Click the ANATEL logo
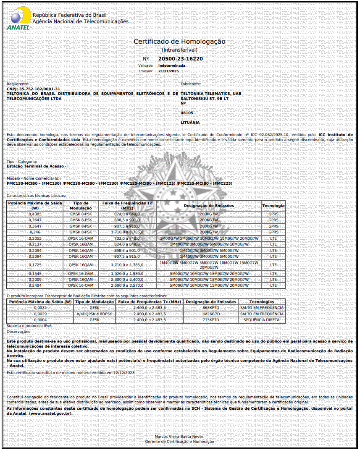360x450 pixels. point(18,20)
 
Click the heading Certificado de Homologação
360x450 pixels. point(179,42)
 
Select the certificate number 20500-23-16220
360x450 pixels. point(181,59)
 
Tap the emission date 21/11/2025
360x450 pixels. point(168,71)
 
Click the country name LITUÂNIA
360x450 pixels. point(190,123)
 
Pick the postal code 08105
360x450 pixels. point(187,113)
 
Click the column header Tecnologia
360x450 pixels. point(273,206)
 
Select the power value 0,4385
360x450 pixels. point(35,214)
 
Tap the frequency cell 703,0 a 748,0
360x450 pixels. point(127,238)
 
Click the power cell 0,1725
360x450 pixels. point(35,265)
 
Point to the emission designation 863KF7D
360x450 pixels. point(210,308)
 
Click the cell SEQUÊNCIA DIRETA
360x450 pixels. point(261,320)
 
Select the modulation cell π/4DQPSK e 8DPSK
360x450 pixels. point(95,314)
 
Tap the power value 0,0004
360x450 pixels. point(40,320)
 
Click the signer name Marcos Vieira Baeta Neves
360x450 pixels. point(179,437)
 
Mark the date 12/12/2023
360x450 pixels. point(124,372)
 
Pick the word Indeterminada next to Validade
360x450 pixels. point(171,65)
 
